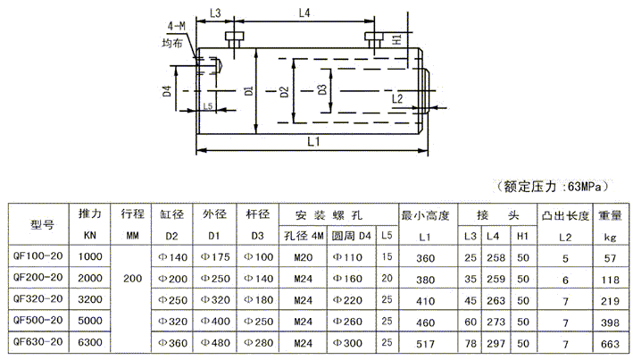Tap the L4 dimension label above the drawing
[303, 13]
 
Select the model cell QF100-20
[38, 257]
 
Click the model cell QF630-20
[38, 340]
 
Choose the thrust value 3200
[90, 298]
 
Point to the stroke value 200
[132, 278]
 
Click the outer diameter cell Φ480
[217, 340]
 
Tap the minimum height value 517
[426, 340]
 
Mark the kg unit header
[610, 237]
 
